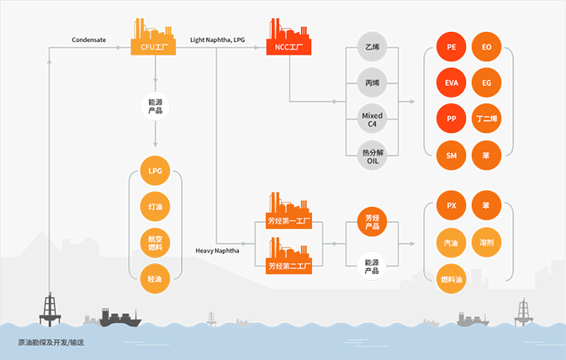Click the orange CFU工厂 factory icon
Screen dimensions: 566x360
153,37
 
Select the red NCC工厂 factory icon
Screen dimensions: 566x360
288,37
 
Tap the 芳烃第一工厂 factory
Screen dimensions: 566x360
288,210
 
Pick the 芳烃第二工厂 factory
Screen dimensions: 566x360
288,256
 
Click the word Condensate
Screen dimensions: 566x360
89,40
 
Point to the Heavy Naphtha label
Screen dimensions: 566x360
217,251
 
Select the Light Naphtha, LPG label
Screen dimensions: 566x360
217,40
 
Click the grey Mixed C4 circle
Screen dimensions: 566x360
373,119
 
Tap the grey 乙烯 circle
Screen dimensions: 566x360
373,47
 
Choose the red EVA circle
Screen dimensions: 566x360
452,82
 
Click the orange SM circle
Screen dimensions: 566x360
452,156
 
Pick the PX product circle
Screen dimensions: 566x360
452,205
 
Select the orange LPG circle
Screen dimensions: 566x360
156,171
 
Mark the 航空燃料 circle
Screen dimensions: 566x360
156,242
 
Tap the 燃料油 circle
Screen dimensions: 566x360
452,279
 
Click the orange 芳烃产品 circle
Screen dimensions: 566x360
373,222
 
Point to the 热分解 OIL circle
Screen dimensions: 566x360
373,156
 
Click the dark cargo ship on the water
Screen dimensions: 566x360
119,318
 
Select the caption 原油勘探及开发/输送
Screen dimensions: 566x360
51,342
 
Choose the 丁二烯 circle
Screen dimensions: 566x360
487,119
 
